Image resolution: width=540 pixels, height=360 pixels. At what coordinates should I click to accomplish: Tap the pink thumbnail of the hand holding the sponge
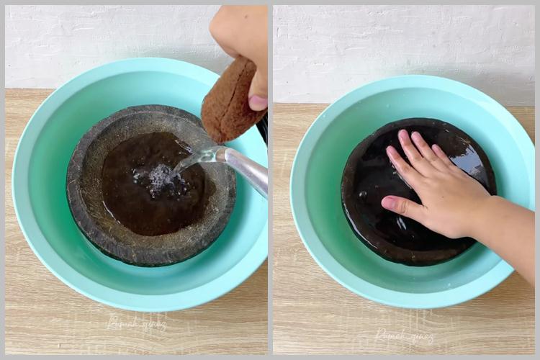pos(258,102)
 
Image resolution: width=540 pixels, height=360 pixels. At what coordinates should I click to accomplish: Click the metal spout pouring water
pos(246,168)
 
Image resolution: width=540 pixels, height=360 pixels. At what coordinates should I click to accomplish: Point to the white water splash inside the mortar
pos(159,177)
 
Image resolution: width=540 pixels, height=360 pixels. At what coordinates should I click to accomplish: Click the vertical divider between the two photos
pos(270,180)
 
